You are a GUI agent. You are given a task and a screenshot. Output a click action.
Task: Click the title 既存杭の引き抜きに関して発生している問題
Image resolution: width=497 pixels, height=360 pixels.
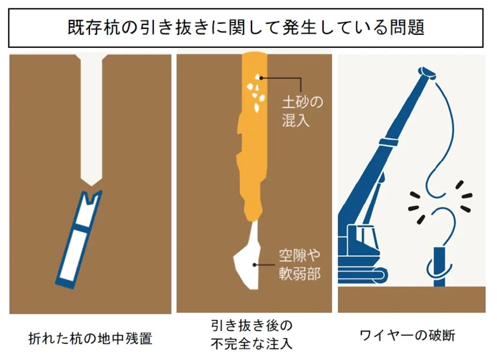tap(246, 28)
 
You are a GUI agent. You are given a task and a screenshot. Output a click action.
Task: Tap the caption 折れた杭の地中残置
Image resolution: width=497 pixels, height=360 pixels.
tap(91, 339)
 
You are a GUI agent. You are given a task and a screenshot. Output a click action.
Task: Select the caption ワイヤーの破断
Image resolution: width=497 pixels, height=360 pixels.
tap(408, 335)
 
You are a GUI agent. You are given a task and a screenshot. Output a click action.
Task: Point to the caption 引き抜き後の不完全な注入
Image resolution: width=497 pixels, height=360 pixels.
tap(251, 335)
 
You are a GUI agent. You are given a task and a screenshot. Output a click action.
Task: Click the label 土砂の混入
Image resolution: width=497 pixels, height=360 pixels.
tap(302, 112)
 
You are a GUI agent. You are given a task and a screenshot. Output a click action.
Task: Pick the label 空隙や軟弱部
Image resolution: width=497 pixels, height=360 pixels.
tap(300, 265)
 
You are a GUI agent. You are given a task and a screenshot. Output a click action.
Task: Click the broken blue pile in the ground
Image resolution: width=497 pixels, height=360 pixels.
tap(79, 239)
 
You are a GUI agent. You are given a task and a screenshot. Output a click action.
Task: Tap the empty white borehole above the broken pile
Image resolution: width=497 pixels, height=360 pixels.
tap(91, 119)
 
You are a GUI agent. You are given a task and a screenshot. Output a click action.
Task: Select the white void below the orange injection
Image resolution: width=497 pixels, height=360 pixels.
tap(248, 255)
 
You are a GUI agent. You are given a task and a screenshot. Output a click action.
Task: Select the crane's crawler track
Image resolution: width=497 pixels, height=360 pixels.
tap(363, 275)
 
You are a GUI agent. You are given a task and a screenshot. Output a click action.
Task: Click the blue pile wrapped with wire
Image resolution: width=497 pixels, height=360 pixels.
tap(439, 266)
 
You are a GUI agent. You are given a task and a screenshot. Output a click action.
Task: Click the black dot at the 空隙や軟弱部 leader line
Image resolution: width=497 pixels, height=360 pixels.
tap(254, 265)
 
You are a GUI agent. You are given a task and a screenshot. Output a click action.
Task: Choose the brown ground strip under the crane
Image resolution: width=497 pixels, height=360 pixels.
tap(411, 300)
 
